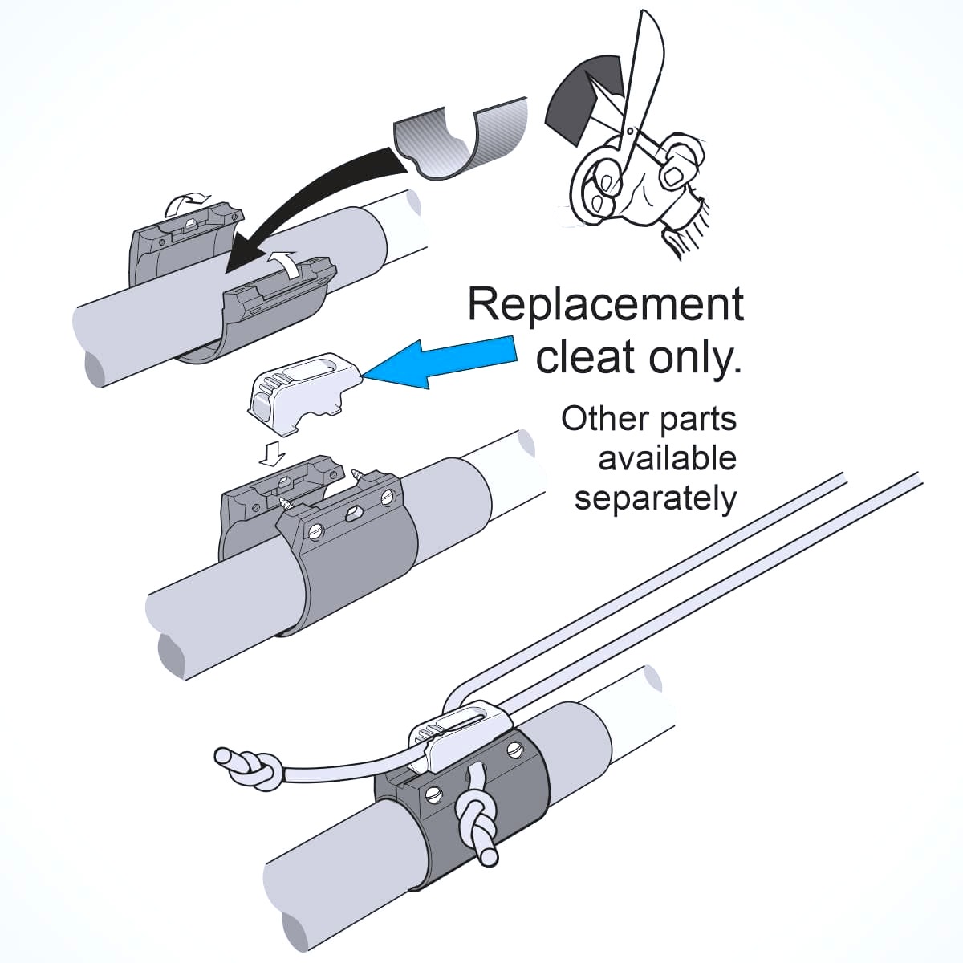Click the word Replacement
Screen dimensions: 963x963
coord(606,305)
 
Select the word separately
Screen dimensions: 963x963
coord(655,498)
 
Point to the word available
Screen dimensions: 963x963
coord(667,458)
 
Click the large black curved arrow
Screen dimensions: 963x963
coord(321,201)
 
